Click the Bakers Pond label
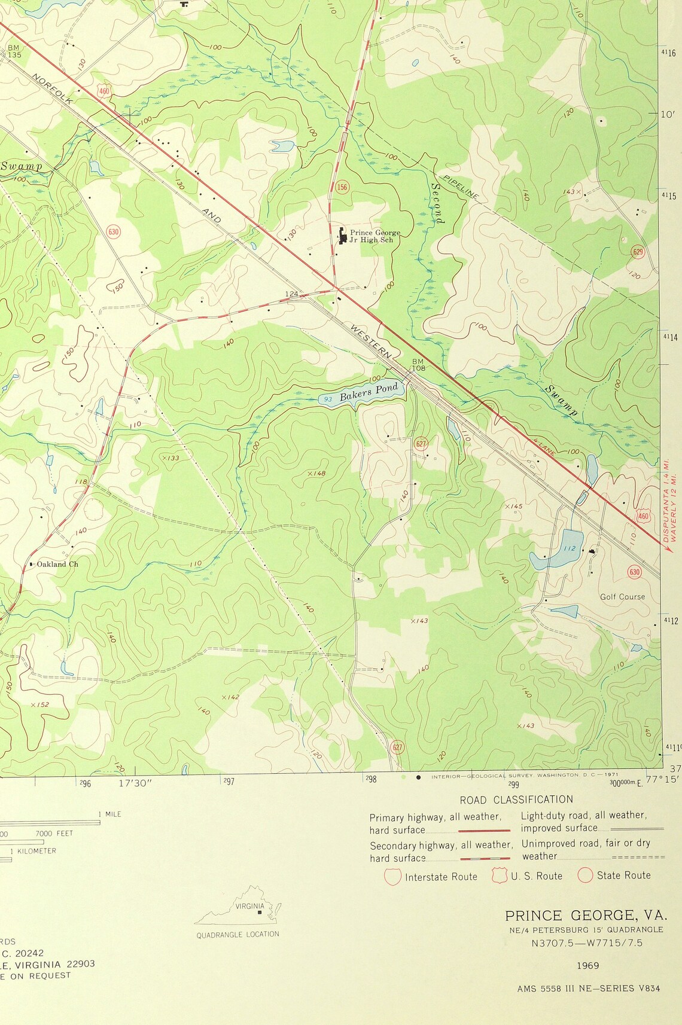[x=369, y=393]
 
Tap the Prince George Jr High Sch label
[x=375, y=236]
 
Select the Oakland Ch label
[x=57, y=564]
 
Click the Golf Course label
[x=622, y=597]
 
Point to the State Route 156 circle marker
[x=342, y=187]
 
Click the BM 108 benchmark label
[x=418, y=365]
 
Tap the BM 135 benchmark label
[x=14, y=51]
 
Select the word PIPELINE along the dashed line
[x=461, y=187]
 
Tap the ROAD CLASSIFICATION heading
[x=516, y=800]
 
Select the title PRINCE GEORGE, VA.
[x=585, y=916]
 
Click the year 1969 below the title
[x=588, y=965]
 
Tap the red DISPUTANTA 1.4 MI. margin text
[x=666, y=500]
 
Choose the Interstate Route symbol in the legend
[x=392, y=877]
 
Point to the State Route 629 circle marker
[x=638, y=252]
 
